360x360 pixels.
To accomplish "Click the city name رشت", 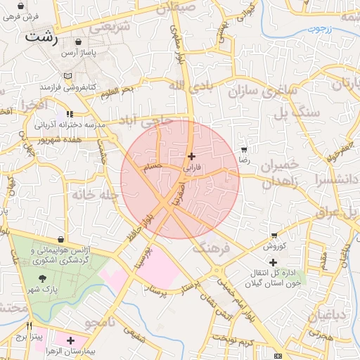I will (41, 37).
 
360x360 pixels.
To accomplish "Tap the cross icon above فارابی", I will (191, 156).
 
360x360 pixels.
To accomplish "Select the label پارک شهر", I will (46, 289).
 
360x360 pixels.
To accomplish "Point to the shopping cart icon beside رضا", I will (244, 150).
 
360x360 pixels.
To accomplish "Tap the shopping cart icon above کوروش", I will (274, 236).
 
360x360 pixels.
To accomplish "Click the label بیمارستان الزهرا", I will (70, 350).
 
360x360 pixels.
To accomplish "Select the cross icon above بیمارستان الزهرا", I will (70, 340).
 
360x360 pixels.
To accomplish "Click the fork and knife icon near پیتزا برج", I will (29, 326).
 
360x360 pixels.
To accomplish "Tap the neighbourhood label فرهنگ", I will (209, 248).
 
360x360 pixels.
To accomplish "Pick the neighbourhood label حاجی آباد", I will (148, 120).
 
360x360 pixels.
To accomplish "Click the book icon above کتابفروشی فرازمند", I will (67, 75).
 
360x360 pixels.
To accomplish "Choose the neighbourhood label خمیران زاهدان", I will (280, 173).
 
